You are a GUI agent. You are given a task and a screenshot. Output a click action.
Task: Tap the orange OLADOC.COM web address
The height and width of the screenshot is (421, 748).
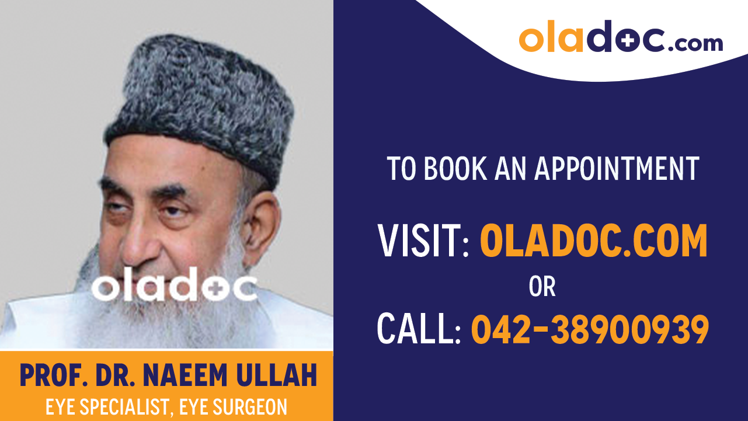tap(593, 241)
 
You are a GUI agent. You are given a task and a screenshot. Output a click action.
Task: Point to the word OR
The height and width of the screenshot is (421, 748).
tap(542, 287)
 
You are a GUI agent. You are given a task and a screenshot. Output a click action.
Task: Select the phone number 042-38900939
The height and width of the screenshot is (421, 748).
tap(590, 329)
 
